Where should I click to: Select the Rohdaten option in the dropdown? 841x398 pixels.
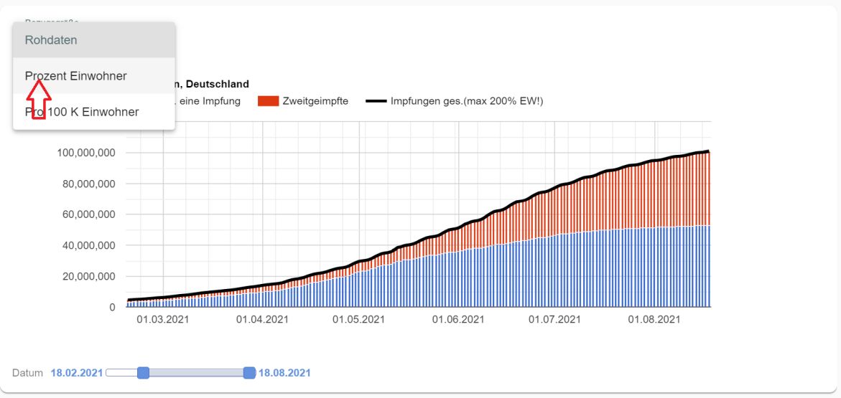pos(51,40)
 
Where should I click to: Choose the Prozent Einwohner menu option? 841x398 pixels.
pos(75,76)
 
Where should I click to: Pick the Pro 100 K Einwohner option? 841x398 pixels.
pos(82,112)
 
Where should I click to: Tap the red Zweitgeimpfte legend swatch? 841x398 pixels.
pos(268,101)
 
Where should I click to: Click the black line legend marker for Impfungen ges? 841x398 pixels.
pos(376,101)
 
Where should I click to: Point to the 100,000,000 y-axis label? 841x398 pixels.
pos(85,153)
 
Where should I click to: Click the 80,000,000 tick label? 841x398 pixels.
pos(88,184)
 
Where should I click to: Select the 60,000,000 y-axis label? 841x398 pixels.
pos(88,215)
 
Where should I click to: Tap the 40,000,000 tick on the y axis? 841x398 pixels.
pos(88,246)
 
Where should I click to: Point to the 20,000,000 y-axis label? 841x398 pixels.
pos(88,277)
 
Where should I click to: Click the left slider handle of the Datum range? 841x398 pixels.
pos(143,373)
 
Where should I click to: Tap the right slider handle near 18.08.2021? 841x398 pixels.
pos(249,373)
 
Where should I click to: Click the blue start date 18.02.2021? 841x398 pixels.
pos(77,373)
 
